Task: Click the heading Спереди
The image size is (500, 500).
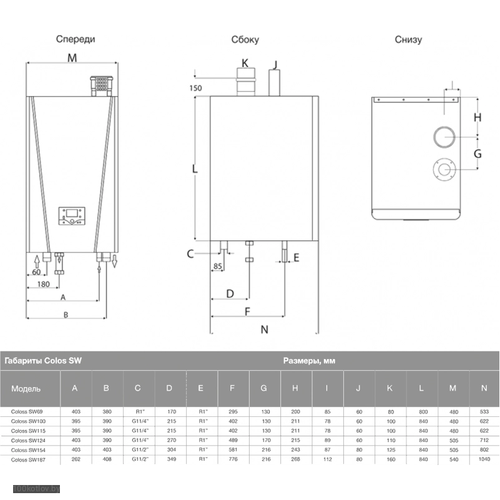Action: point(76,39)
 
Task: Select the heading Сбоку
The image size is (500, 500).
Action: point(245,39)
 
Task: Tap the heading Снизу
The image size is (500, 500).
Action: point(408,39)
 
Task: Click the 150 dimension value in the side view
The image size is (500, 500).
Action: point(195,88)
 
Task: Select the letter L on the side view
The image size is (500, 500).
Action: point(195,169)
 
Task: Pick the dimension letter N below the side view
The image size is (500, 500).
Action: point(264,330)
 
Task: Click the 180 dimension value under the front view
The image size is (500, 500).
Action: point(43,285)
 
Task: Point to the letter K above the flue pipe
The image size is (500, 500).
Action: point(245,63)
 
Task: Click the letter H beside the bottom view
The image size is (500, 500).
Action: point(478,117)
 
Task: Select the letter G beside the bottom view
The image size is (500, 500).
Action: point(478,154)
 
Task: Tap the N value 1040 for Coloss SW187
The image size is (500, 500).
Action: point(484,459)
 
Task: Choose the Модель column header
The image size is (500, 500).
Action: point(26,388)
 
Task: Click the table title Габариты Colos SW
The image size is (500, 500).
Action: point(43,361)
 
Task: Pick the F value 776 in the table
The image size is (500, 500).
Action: point(232,459)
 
